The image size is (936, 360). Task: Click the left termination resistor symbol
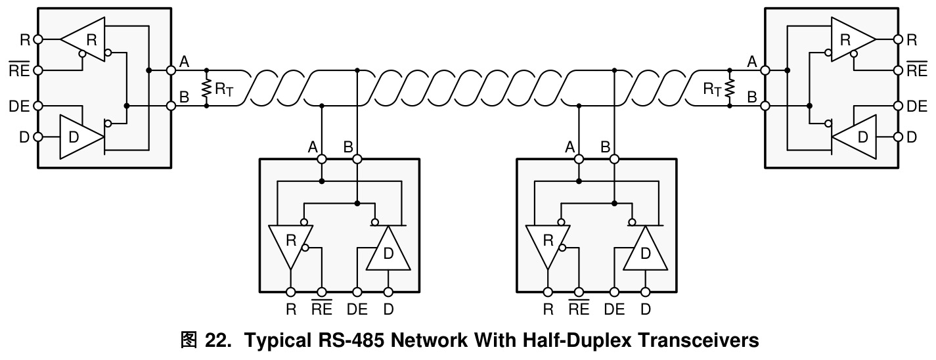(x=206, y=88)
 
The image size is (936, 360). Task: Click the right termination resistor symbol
(x=730, y=88)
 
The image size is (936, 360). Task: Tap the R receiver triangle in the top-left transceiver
(x=83, y=39)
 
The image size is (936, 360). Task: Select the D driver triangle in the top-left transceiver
(x=81, y=137)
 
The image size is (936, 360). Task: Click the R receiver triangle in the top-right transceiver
(x=853, y=39)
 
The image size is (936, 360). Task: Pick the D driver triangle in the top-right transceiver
(x=854, y=137)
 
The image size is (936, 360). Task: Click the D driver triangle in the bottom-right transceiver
(x=646, y=248)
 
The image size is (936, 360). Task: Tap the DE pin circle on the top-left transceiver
(x=38, y=106)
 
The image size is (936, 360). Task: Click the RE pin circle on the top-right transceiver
(x=899, y=70)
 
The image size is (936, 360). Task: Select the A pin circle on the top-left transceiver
(x=171, y=70)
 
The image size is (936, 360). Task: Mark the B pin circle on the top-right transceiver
(x=765, y=106)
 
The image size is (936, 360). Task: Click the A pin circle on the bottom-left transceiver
(x=322, y=159)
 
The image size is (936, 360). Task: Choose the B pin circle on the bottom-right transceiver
(x=614, y=159)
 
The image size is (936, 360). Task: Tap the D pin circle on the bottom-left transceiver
(x=389, y=292)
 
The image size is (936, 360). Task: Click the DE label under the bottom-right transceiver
(x=614, y=309)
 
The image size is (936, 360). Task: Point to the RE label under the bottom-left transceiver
(x=322, y=308)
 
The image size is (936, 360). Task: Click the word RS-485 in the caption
(x=351, y=340)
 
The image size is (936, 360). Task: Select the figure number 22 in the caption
(x=217, y=340)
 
